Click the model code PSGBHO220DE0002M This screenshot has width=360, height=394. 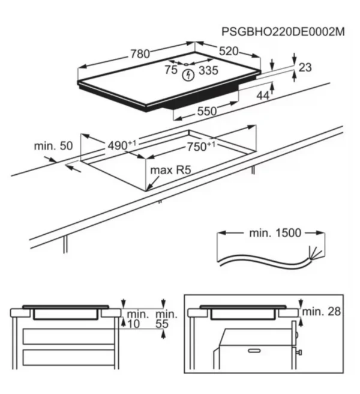click(283, 32)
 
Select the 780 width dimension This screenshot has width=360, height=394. click(140, 54)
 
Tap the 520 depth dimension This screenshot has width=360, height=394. click(229, 51)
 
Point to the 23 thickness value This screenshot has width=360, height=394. click(305, 67)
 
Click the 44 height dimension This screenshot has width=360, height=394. click(263, 95)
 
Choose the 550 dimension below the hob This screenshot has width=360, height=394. click(207, 111)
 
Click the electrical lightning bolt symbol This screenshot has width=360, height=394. click(188, 75)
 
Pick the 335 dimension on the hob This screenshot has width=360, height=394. click(208, 70)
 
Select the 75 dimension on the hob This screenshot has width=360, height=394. click(171, 70)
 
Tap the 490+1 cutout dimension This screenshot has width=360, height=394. click(122, 145)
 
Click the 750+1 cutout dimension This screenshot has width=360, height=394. click(201, 146)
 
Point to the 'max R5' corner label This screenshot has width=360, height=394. click(170, 170)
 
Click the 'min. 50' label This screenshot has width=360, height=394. click(53, 146)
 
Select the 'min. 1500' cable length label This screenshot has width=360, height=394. click(275, 233)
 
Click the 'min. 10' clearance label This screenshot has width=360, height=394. click(137, 319)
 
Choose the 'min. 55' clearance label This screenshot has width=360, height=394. click(166, 319)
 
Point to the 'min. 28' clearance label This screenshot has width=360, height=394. click(322, 312)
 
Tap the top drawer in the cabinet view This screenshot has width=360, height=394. click(68, 336)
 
